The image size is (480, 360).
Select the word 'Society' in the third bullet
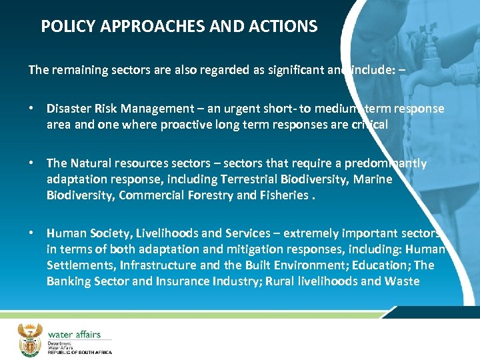(102, 233)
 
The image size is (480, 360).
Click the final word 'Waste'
(402, 281)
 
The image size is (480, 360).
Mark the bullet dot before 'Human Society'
(32, 233)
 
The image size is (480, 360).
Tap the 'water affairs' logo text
(74, 334)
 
